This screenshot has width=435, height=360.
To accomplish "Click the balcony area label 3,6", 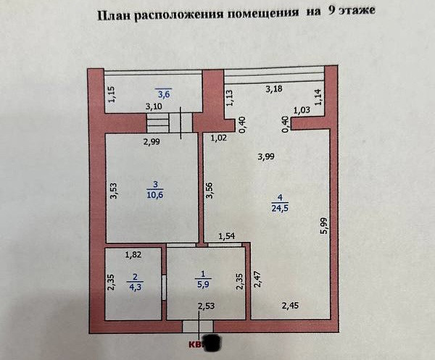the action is [x=163, y=93].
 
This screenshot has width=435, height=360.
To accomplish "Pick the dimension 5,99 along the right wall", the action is [x=326, y=226].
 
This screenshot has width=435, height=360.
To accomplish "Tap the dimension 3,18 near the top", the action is [x=274, y=89].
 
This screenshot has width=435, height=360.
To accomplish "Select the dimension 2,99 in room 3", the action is [x=151, y=142].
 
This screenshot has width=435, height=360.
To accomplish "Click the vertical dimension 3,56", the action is [x=210, y=190].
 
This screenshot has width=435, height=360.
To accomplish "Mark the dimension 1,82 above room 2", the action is [x=133, y=254].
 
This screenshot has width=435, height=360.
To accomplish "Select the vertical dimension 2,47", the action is [x=257, y=280].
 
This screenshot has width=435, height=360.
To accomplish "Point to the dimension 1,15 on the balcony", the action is [x=112, y=95].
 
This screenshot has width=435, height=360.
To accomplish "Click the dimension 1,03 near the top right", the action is [x=302, y=110].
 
